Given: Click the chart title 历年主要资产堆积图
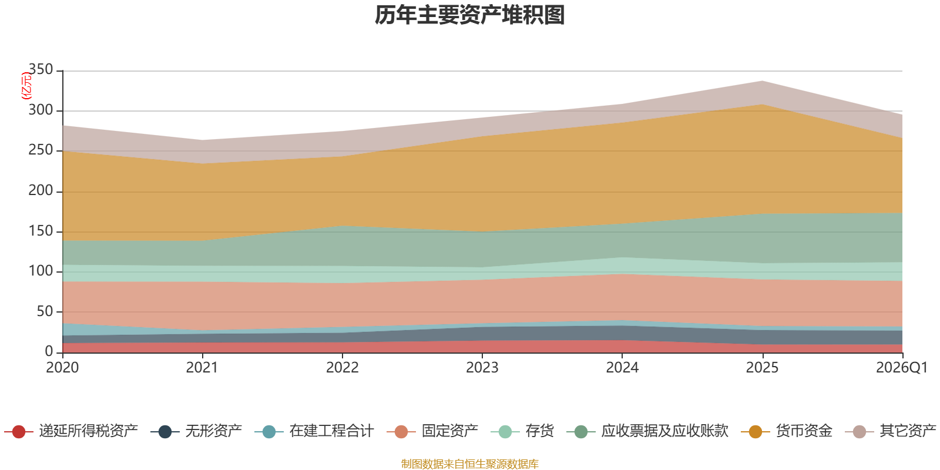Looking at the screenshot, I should pyautogui.click(x=470, y=15).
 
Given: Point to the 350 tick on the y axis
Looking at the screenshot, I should pyautogui.click(x=41, y=70).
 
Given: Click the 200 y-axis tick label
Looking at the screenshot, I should pyautogui.click(x=41, y=190).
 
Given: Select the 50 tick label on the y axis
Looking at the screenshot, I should pyautogui.click(x=45, y=311).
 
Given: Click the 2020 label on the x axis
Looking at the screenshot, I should pyautogui.click(x=63, y=368).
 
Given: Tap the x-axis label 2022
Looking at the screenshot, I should pyautogui.click(x=343, y=368).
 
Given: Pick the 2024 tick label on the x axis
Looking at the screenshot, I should pyautogui.click(x=622, y=368).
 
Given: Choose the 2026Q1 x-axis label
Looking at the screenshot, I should pyautogui.click(x=902, y=368).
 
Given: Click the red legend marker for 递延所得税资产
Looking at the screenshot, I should pyautogui.click(x=19, y=432).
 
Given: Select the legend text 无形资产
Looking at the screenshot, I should pyautogui.click(x=213, y=431).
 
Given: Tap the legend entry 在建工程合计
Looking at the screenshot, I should pyautogui.click(x=331, y=431).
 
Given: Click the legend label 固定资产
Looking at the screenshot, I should pyautogui.click(x=449, y=431).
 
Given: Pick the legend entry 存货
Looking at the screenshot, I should pyautogui.click(x=539, y=431).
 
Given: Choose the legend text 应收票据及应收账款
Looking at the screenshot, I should pyautogui.click(x=664, y=431).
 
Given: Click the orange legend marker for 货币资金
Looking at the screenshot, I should pyautogui.click(x=756, y=432).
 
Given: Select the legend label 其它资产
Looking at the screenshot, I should pyautogui.click(x=908, y=431).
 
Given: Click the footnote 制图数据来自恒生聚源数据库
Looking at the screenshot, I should pyautogui.click(x=470, y=464).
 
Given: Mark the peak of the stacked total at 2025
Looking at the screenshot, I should pyautogui.click(x=762, y=80).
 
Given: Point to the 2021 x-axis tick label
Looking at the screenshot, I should pyautogui.click(x=203, y=368).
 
